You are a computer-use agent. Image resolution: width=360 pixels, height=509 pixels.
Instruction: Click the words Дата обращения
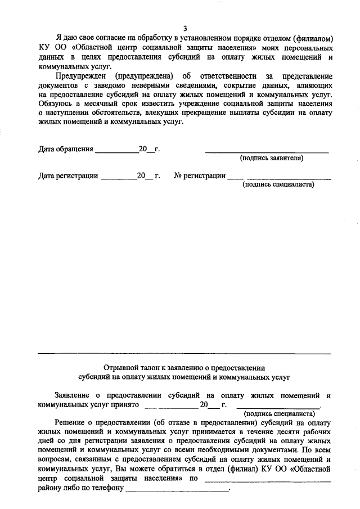point(65,149)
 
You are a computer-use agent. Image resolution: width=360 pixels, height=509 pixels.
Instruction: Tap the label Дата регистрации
point(68,175)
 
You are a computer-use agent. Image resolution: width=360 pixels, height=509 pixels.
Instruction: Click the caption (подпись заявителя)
point(272,158)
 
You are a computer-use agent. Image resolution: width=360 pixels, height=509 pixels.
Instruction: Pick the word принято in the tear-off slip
point(127,404)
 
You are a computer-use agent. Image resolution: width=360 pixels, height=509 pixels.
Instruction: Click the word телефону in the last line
point(105,487)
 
